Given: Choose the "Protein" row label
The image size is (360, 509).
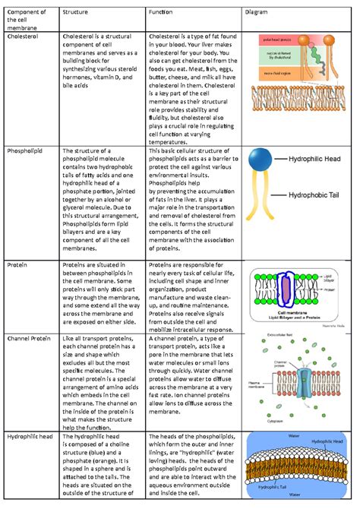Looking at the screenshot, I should (17, 264).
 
